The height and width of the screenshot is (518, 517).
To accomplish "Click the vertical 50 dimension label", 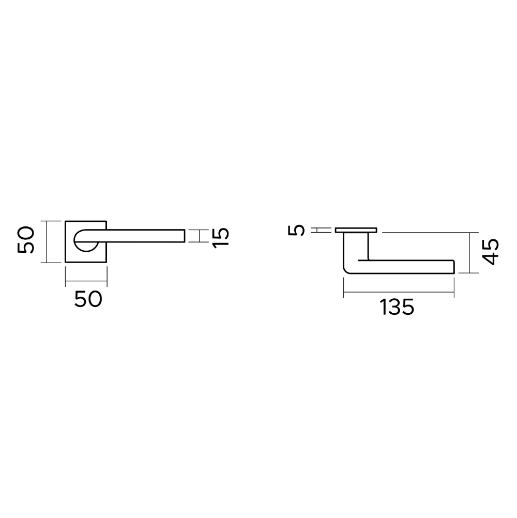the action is [26, 240].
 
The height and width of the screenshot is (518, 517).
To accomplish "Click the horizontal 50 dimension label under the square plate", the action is [88, 299].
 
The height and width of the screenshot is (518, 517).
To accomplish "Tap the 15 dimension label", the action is [221, 238].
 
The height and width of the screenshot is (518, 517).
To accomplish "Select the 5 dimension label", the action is [296, 230].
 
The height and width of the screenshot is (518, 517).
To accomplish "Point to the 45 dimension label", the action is [490, 251].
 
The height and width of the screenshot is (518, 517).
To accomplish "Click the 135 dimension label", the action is [397, 307].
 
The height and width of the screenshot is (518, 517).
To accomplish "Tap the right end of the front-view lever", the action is [185, 236].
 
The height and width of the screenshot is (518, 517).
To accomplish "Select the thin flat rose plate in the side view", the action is [356, 230].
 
